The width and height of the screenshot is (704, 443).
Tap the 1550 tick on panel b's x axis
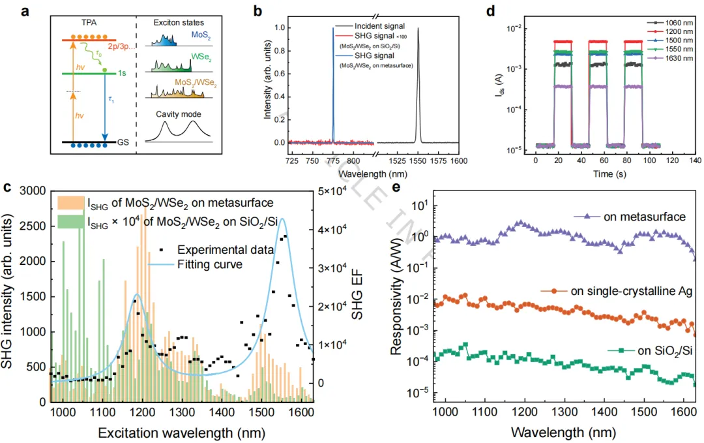pyautogui.click(x=419, y=160)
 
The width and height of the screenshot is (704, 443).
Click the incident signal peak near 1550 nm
pyautogui.click(x=418, y=29)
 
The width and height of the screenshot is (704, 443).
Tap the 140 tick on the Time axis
pyautogui.click(x=694, y=160)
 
